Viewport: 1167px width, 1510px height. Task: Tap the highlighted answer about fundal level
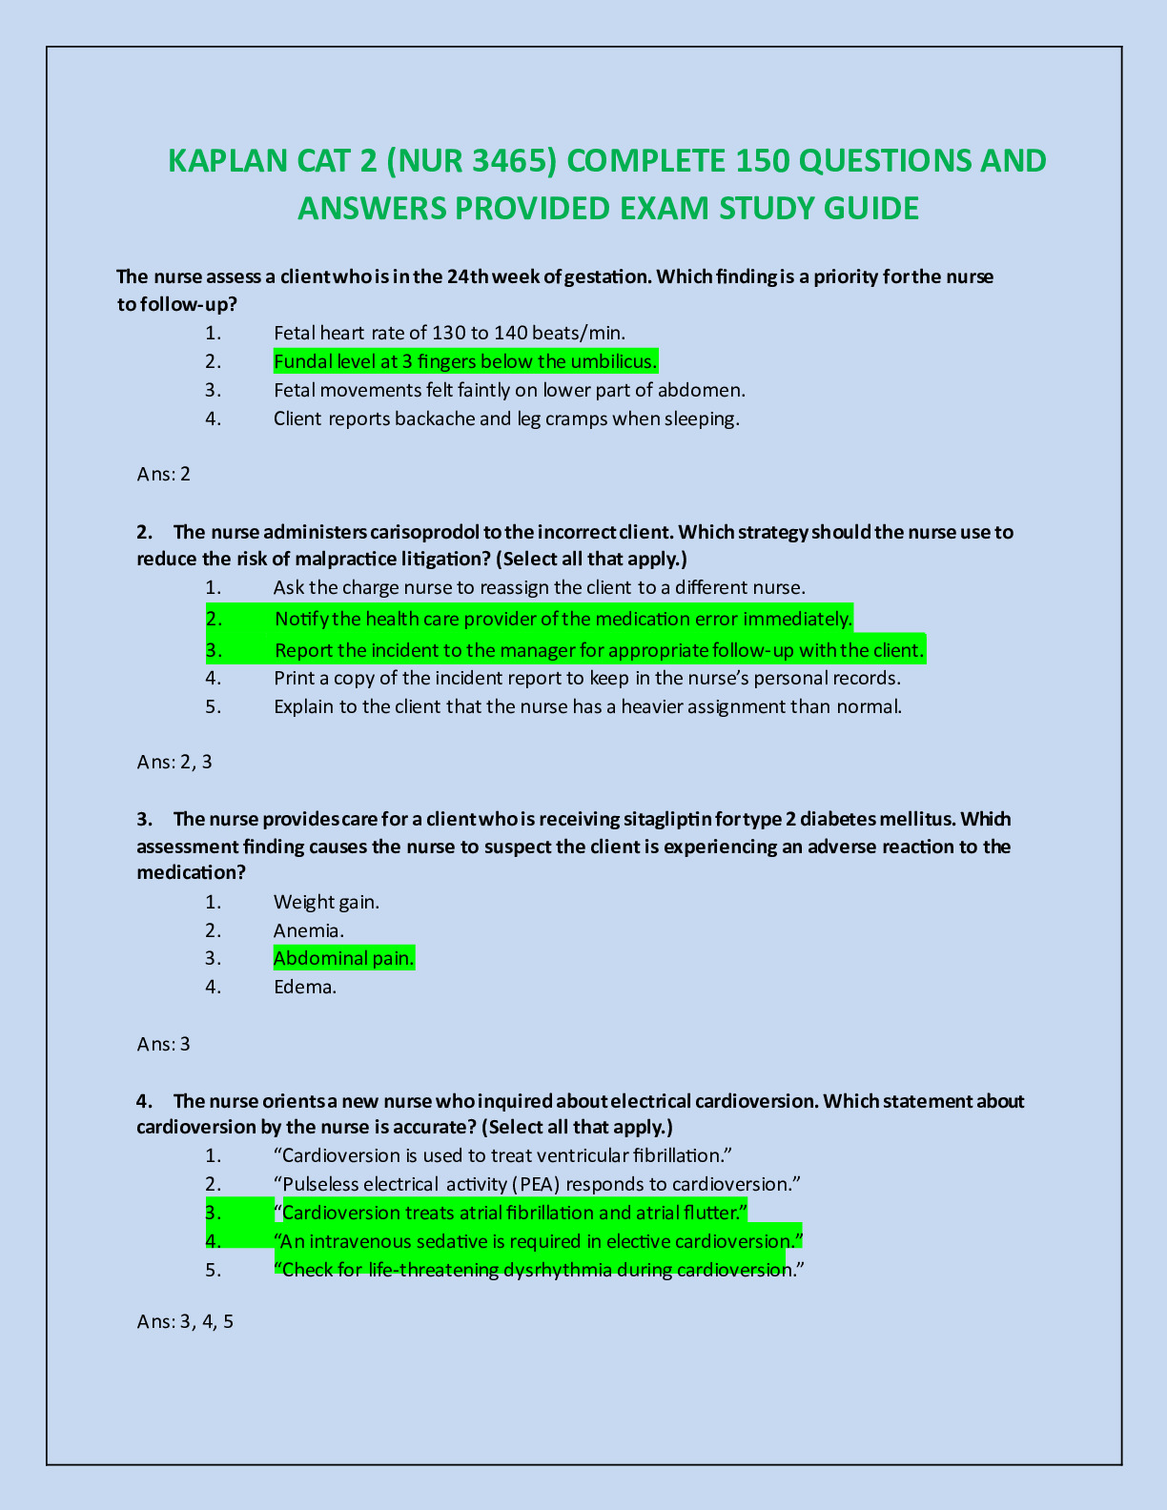click(x=465, y=361)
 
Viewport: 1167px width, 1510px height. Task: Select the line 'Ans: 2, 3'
click(x=174, y=762)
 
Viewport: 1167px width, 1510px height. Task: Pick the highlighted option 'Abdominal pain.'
click(x=344, y=958)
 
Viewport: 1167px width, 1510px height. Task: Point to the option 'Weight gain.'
click(x=326, y=902)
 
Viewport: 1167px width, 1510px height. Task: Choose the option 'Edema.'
click(x=305, y=987)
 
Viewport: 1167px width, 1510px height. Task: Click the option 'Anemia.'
click(x=309, y=930)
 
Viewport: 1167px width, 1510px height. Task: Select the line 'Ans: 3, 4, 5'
click(x=186, y=1321)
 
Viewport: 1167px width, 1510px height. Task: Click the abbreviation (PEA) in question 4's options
click(x=535, y=1184)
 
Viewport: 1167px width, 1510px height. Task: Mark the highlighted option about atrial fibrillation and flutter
click(x=510, y=1213)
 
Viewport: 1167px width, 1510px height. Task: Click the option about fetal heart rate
click(x=449, y=333)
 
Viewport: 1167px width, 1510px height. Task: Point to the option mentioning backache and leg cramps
click(x=506, y=418)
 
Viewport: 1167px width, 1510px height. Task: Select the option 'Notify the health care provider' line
click(x=563, y=619)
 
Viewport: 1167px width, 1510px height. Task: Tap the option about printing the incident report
click(x=586, y=678)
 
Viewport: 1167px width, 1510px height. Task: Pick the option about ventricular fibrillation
click(x=502, y=1155)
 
